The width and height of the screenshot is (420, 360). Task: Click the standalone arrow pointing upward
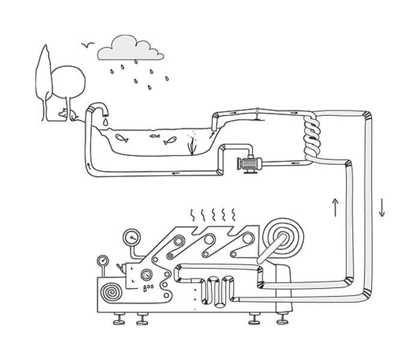(x=335, y=207)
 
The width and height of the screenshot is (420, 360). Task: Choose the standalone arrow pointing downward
(x=382, y=207)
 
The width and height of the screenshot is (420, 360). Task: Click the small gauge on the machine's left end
(x=103, y=262)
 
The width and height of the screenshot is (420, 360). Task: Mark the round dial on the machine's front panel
(x=145, y=276)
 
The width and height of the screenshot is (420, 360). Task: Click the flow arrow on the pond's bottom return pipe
(x=176, y=173)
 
